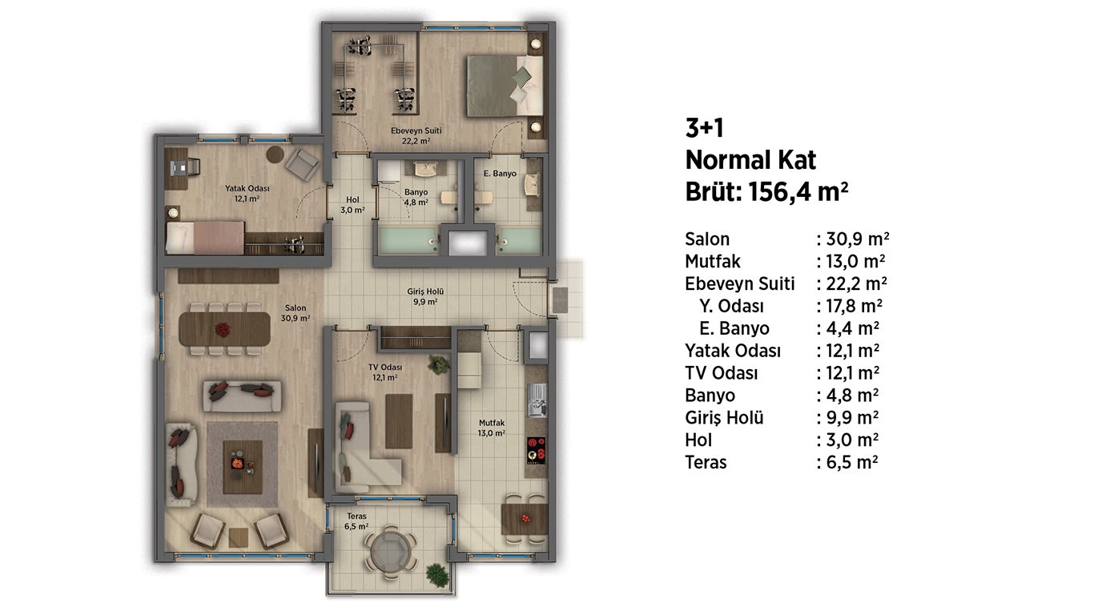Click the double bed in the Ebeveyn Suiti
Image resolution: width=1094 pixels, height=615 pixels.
pyautogui.click(x=505, y=86)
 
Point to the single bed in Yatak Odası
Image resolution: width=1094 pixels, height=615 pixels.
pyautogui.click(x=205, y=238)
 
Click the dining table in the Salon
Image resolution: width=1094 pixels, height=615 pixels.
pyautogui.click(x=224, y=329)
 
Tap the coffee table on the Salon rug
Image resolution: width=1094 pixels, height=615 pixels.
pyautogui.click(x=243, y=468)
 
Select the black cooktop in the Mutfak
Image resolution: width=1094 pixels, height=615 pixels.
pyautogui.click(x=536, y=450)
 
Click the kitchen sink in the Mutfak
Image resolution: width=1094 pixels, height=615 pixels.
pyautogui.click(x=537, y=400)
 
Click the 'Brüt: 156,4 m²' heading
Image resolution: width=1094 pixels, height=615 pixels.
pyautogui.click(x=766, y=191)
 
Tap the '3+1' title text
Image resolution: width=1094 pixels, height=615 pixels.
pyautogui.click(x=704, y=128)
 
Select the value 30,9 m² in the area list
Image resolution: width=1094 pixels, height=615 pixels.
pyautogui.click(x=858, y=239)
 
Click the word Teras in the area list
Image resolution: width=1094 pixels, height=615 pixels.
pyautogui.click(x=706, y=462)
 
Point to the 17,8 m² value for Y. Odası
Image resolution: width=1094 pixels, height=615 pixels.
pyautogui.click(x=855, y=306)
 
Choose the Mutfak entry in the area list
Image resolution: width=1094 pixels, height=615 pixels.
pyautogui.click(x=713, y=261)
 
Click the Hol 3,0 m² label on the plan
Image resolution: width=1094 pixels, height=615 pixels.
pyautogui.click(x=352, y=205)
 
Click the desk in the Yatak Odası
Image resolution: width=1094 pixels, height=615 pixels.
pyautogui.click(x=176, y=168)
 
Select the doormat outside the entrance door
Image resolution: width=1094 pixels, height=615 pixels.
pyautogui.click(x=560, y=300)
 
